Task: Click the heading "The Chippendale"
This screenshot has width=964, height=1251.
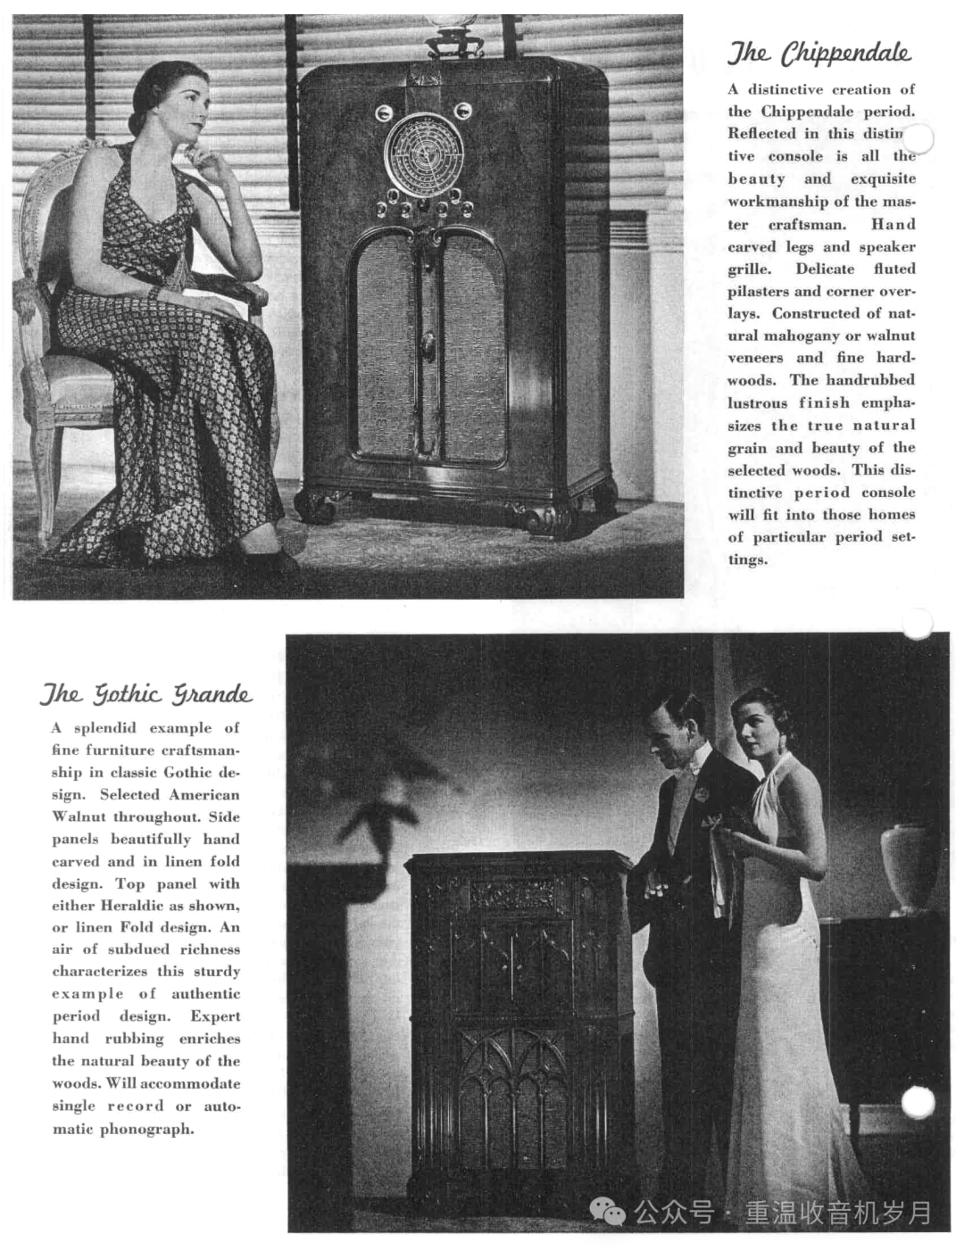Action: click(819, 54)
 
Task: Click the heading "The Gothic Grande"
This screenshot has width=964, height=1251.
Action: click(145, 694)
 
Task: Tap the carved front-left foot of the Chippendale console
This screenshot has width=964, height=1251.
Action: click(316, 505)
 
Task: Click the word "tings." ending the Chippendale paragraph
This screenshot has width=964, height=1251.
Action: click(747, 559)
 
